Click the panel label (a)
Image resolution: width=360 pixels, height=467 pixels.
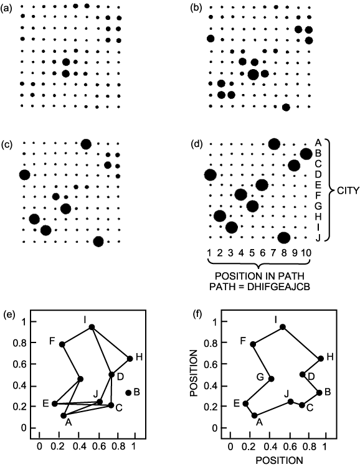(7, 8)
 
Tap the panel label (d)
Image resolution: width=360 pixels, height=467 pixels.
(196, 144)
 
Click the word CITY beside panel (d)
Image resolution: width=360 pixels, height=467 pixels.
(348, 191)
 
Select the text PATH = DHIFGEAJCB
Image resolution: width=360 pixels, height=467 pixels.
(260, 287)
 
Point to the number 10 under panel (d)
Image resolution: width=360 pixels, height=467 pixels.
(306, 253)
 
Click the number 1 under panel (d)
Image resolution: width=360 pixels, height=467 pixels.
(209, 253)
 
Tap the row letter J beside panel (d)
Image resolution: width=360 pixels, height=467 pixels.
(318, 238)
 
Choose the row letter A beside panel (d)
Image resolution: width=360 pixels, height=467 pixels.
(318, 143)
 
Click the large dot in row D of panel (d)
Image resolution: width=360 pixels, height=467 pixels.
(211, 175)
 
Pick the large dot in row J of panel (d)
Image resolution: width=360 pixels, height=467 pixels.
(284, 238)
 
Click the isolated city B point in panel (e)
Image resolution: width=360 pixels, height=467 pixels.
(128, 392)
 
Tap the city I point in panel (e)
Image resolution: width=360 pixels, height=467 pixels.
(92, 327)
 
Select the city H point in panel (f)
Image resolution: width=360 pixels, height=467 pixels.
(321, 358)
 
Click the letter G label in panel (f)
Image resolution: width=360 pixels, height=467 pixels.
(260, 377)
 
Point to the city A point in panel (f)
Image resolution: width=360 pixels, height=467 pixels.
(254, 415)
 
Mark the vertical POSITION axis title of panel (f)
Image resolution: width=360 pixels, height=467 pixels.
(194, 373)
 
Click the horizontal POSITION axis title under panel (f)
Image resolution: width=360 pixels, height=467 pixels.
(279, 460)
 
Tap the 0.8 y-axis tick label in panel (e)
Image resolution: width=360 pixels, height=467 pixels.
(20, 343)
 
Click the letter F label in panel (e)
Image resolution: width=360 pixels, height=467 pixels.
(52, 341)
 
